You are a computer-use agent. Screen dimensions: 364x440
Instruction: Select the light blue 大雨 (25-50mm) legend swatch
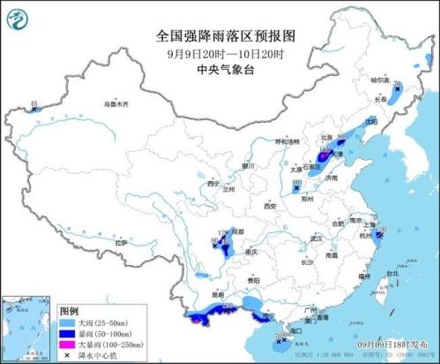67,323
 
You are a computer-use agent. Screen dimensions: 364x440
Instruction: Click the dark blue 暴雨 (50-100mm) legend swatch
67,335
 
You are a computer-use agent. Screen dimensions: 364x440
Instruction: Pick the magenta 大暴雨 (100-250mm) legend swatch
67,345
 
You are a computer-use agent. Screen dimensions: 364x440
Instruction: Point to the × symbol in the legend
67,356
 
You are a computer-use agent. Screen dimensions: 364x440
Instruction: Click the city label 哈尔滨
378,80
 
